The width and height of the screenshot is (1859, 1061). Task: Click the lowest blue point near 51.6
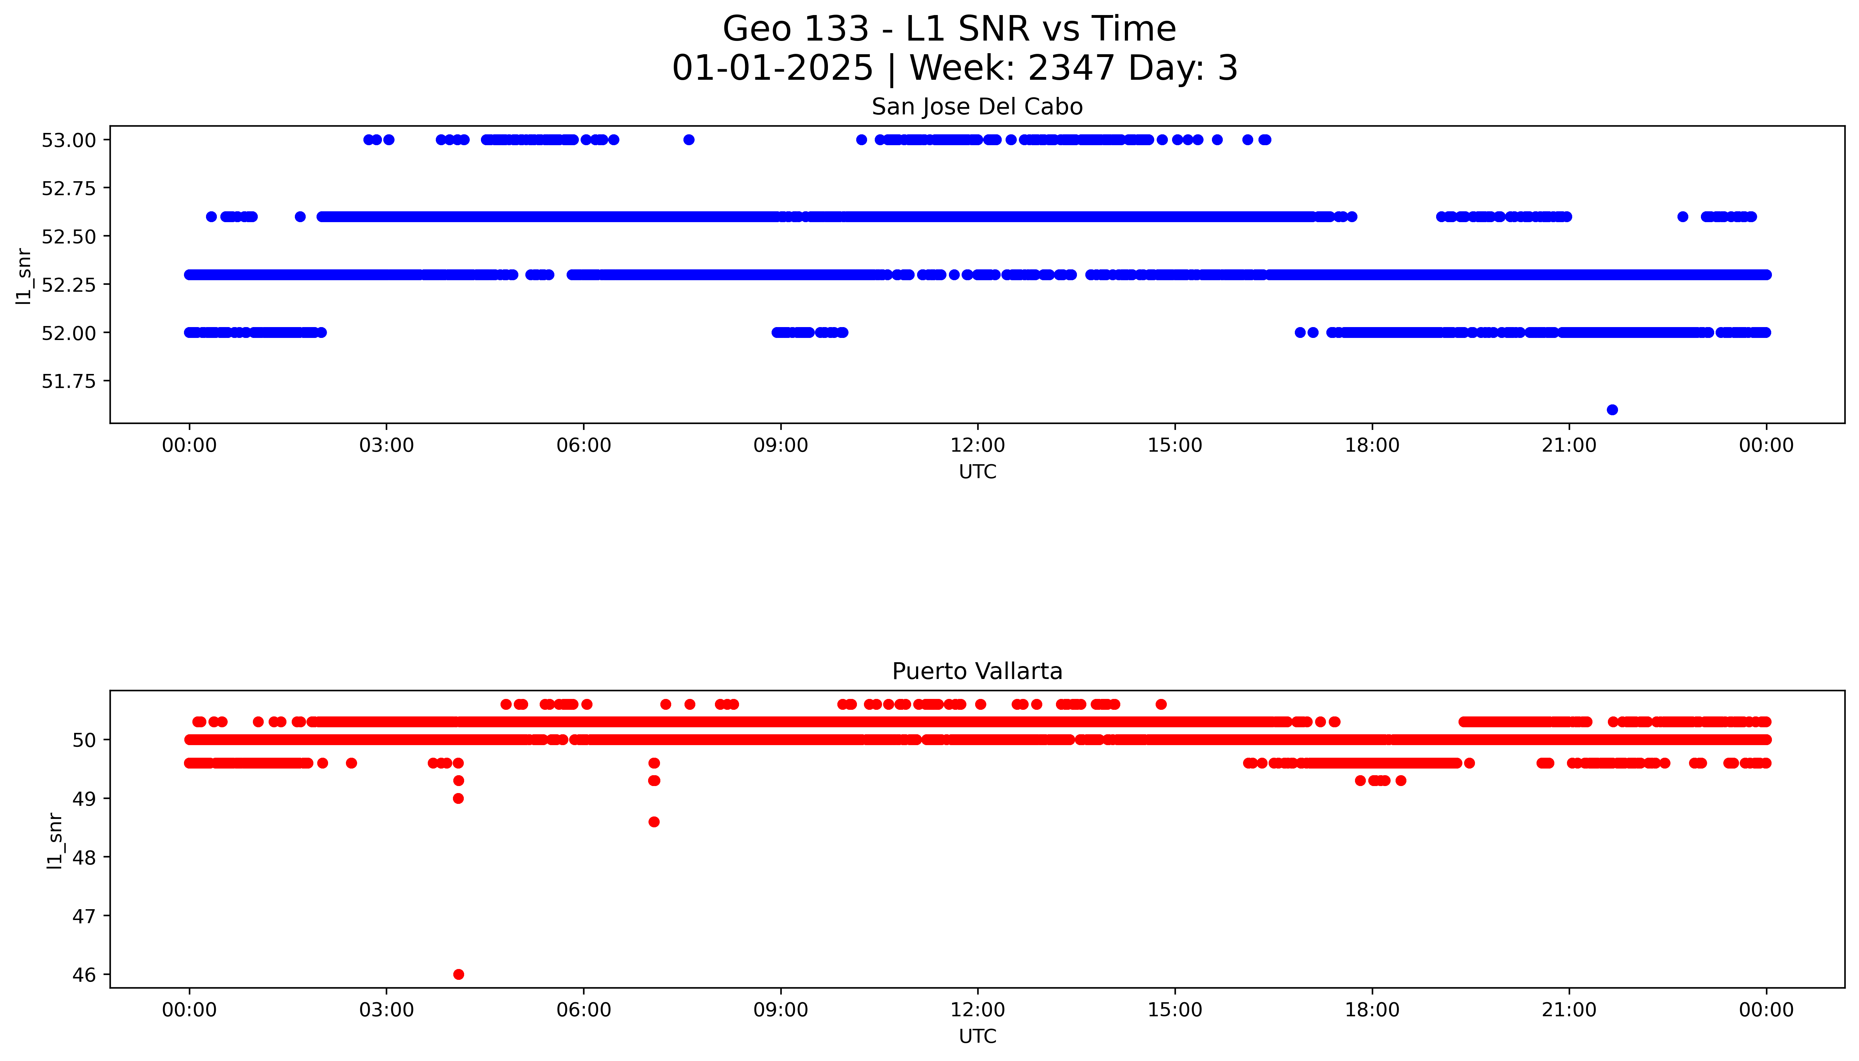pos(1612,410)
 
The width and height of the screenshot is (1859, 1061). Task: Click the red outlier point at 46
pos(458,974)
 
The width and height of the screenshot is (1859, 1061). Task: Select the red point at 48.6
pos(654,822)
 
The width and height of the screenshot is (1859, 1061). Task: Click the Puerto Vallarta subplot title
pos(977,671)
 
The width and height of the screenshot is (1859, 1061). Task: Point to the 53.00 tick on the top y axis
pos(69,140)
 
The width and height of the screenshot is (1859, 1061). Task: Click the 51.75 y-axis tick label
pos(69,381)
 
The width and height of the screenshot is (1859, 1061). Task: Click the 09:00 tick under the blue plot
pos(780,445)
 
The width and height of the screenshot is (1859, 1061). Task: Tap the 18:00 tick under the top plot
pos(1372,445)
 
